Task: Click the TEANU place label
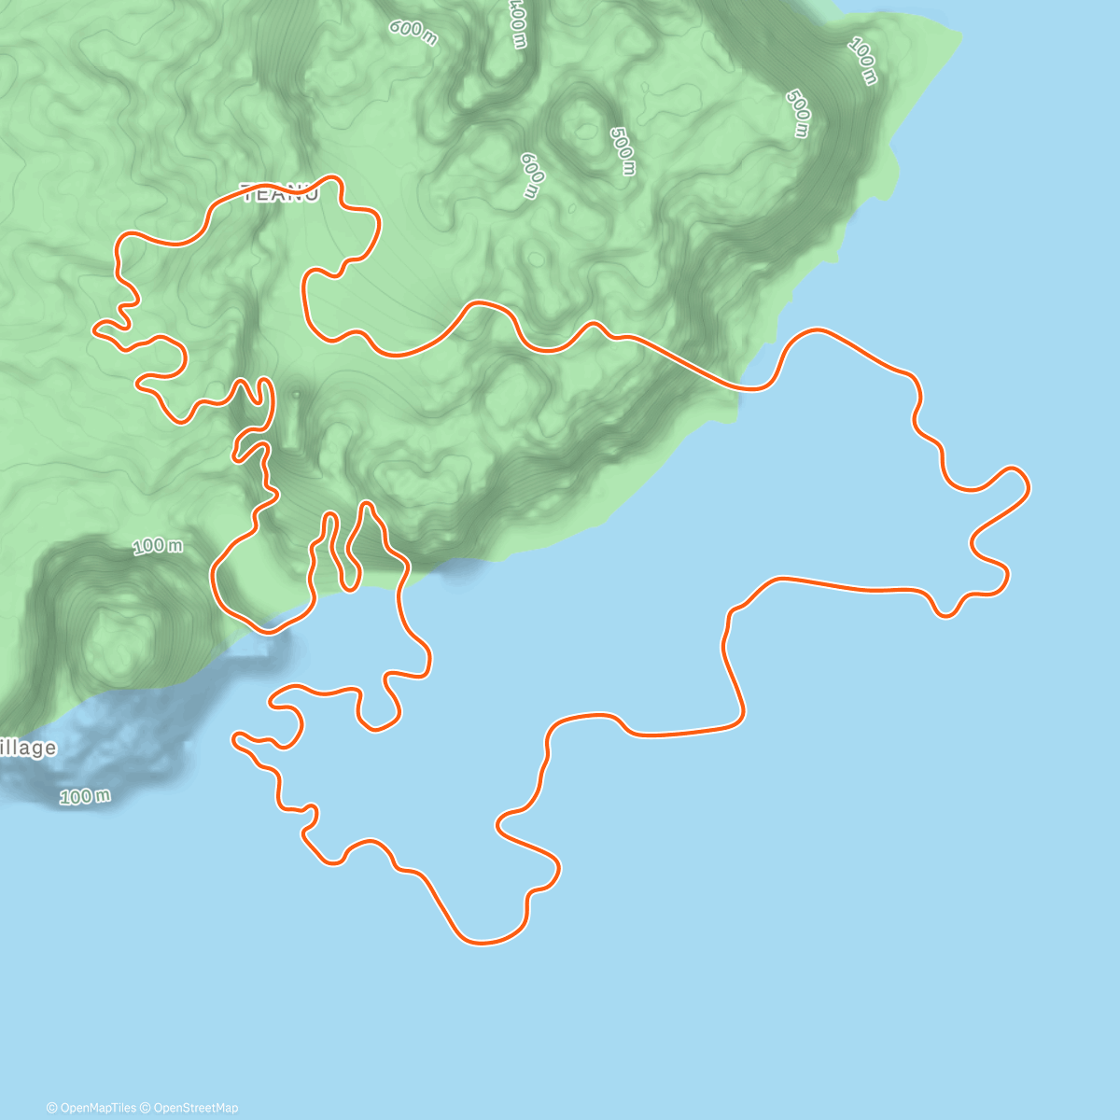click(x=280, y=193)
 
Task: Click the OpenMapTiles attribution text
click(x=91, y=1108)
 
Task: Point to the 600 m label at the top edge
click(x=413, y=31)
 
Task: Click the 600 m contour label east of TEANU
click(x=530, y=175)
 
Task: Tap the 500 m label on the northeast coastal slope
click(x=798, y=114)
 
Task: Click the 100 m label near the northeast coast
click(x=863, y=61)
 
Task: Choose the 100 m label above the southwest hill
click(x=157, y=546)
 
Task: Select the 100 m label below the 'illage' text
click(x=85, y=796)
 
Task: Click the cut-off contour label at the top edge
click(x=517, y=22)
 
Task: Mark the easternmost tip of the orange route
click(x=1029, y=485)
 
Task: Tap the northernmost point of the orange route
click(x=329, y=175)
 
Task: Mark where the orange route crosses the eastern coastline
click(x=744, y=387)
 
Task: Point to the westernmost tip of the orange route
click(x=94, y=328)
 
